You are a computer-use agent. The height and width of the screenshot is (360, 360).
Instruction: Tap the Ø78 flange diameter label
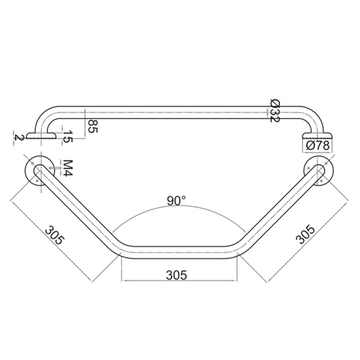pos(317,145)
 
